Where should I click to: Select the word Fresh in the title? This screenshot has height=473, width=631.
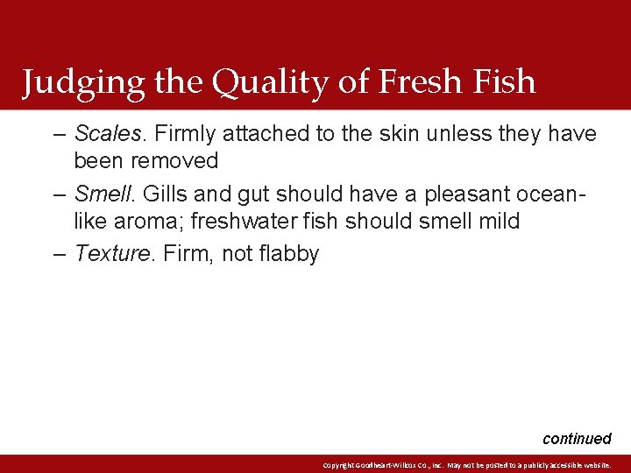point(419,81)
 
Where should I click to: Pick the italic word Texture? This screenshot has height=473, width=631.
point(110,254)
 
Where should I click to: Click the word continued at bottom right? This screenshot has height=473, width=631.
point(577,438)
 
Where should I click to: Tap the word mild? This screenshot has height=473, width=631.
point(497,221)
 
